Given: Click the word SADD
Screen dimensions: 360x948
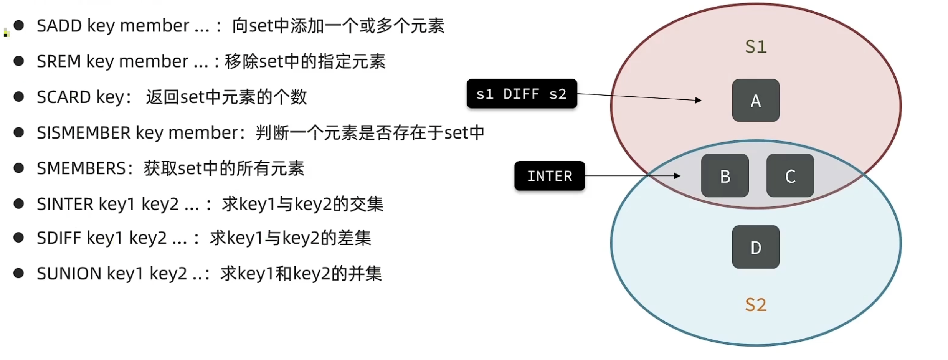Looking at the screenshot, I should [x=59, y=26].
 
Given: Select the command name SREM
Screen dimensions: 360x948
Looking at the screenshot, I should [x=58, y=62].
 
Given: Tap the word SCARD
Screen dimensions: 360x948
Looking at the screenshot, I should [x=64, y=97].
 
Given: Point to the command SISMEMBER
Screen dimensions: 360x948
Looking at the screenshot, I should [x=84, y=133].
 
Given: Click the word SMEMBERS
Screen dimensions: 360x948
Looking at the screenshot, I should [x=81, y=168].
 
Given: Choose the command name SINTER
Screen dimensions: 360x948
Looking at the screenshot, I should [x=65, y=204].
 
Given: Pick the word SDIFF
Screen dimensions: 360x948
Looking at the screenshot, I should [x=59, y=238].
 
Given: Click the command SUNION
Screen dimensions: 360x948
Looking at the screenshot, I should [x=69, y=274].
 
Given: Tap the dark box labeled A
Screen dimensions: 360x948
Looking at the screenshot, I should [x=755, y=101].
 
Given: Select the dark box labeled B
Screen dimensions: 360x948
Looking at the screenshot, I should [x=725, y=176].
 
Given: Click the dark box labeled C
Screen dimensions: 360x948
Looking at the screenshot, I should [x=790, y=176].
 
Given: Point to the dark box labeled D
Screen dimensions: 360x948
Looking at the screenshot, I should [x=755, y=247].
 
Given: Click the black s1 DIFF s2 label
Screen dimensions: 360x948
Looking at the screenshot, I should [x=522, y=94].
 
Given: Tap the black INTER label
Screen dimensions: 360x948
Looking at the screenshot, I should [x=549, y=176].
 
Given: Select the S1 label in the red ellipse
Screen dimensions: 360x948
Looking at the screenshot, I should [x=755, y=47].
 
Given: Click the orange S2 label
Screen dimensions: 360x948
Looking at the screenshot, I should [x=755, y=305].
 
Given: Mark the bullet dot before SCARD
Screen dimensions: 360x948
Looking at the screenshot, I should [x=18, y=97].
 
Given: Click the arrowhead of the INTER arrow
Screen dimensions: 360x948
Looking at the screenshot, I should [x=677, y=176].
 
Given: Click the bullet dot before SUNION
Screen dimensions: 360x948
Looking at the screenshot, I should [x=18, y=273].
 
